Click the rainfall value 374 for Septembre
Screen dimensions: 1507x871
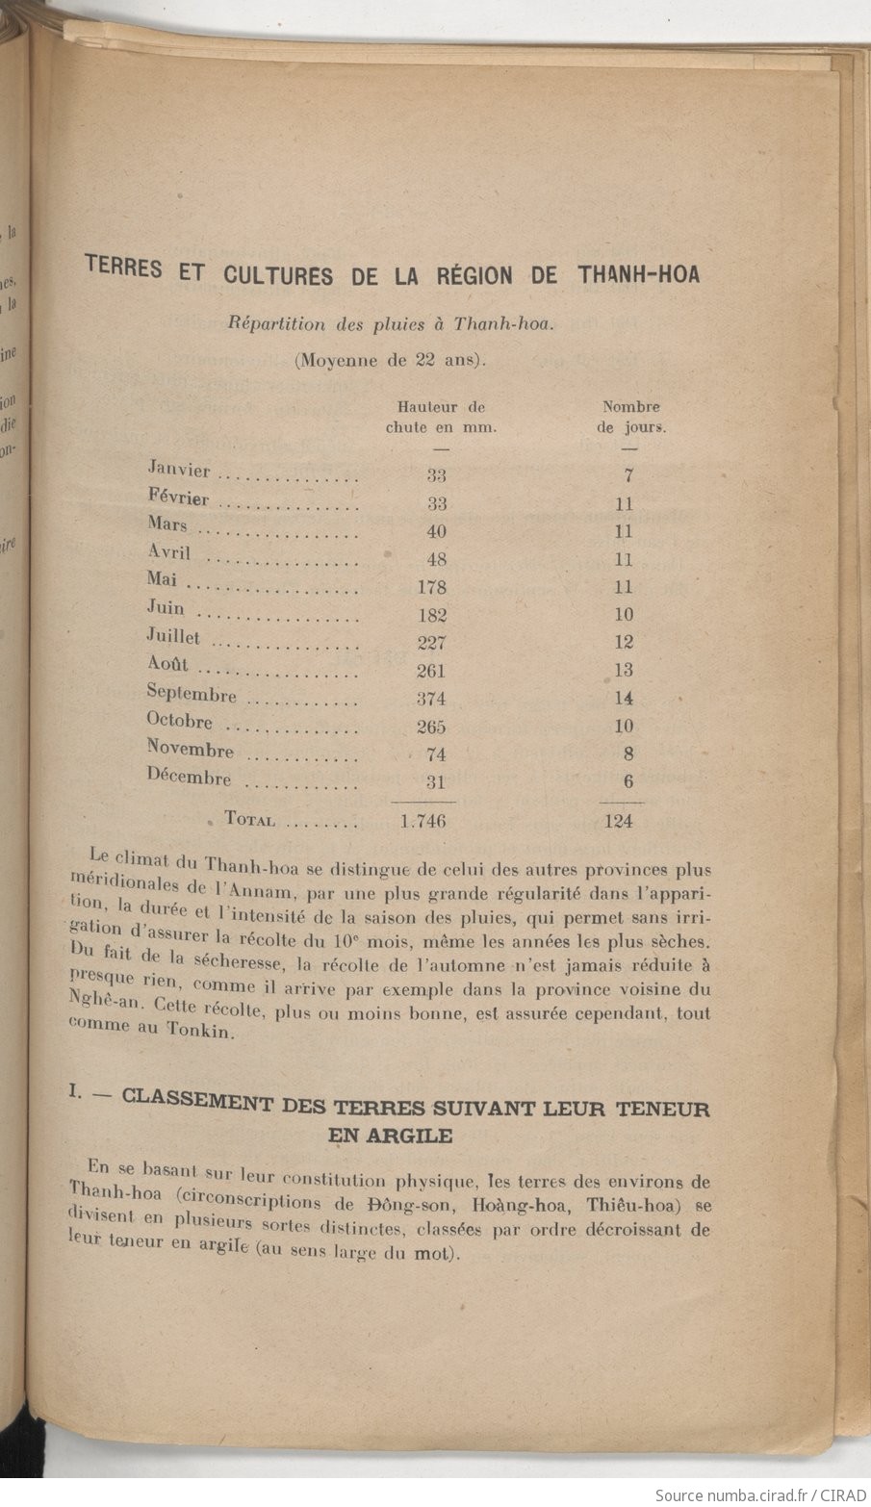[x=430, y=699]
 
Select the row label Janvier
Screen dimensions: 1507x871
[x=179, y=470]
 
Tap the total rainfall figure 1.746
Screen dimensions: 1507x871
[x=423, y=821]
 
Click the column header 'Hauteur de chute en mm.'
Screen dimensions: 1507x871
[x=441, y=418]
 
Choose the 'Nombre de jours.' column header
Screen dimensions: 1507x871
[x=630, y=418]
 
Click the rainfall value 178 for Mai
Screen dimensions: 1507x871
[x=431, y=587]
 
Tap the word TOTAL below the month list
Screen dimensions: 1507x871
[x=249, y=820]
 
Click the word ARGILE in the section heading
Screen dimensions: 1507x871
[x=390, y=1136]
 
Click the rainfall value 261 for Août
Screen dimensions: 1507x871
[x=430, y=671]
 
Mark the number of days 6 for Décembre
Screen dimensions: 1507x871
[x=628, y=781]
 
